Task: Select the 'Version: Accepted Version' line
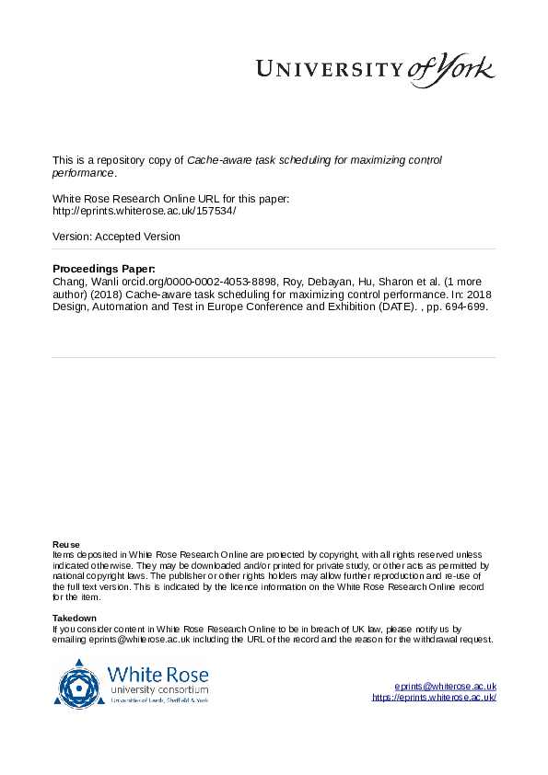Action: (x=116, y=237)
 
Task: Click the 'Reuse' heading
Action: (x=65, y=544)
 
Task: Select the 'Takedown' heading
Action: (x=74, y=618)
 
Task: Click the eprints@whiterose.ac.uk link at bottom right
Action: (x=446, y=687)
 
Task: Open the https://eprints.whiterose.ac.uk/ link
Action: (x=434, y=698)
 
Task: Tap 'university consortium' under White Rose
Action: (x=158, y=689)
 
